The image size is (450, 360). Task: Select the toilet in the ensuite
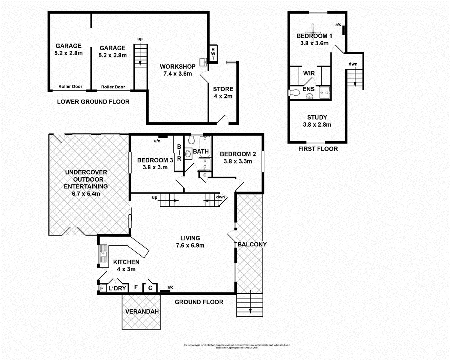295,92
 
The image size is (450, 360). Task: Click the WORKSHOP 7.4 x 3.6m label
177,70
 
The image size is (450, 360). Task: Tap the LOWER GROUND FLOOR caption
93,102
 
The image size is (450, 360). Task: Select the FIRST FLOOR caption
318,149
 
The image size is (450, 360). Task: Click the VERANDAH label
142,312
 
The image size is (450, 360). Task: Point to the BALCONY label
252,244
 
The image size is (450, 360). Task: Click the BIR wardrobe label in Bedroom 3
179,152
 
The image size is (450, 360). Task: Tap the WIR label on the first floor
309,74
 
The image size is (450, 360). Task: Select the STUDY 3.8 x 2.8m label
317,121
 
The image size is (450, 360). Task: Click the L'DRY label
117,288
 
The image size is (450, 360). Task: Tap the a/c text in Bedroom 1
338,24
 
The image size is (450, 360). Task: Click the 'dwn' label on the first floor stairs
353,64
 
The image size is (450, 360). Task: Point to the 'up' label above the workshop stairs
140,39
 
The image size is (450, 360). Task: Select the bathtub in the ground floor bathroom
205,146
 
